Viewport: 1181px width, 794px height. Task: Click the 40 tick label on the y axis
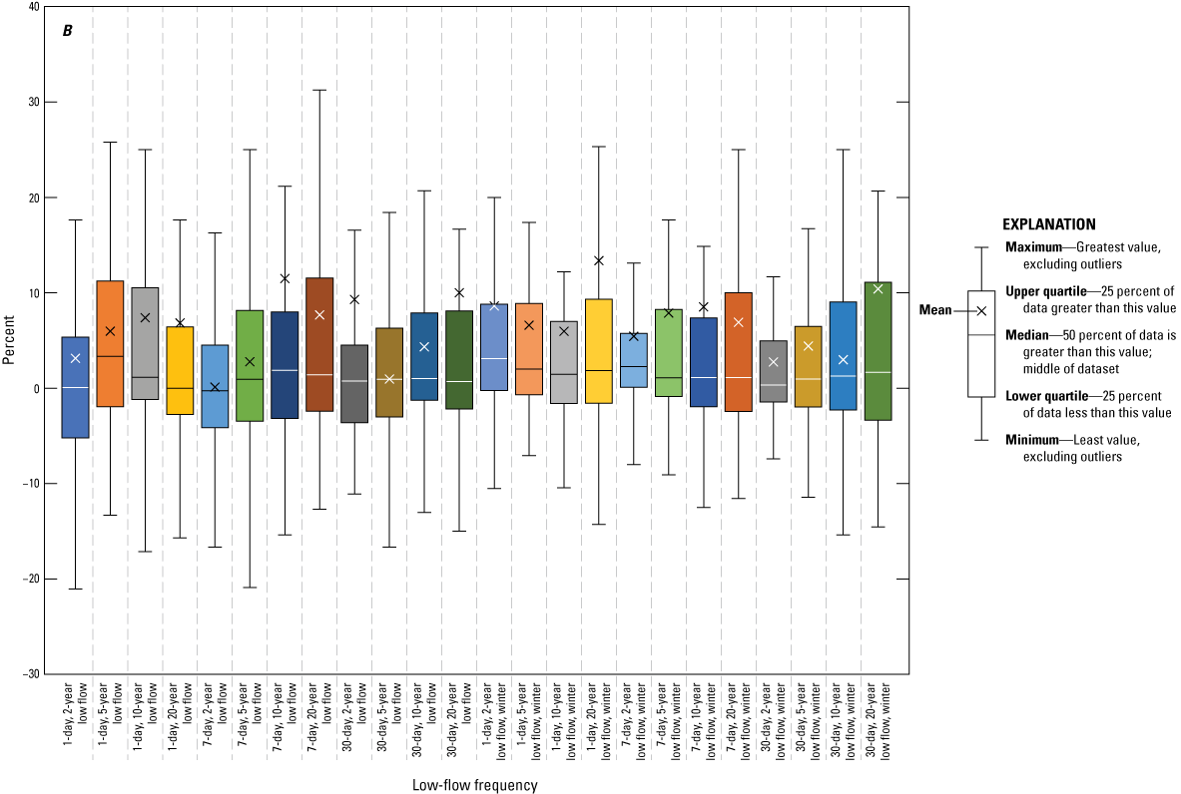(34, 7)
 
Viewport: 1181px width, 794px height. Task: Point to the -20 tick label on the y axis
(29, 579)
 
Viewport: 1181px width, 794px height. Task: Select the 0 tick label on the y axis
(36, 388)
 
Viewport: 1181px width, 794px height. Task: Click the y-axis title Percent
(9, 340)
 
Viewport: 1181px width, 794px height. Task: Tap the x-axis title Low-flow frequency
(474, 785)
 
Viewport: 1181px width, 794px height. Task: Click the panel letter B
(68, 31)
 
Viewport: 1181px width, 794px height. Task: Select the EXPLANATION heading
(1048, 224)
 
